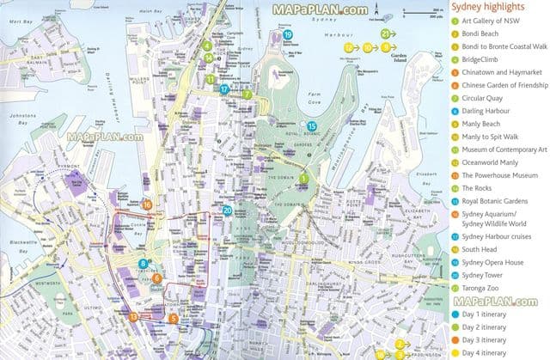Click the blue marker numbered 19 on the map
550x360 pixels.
point(288,35)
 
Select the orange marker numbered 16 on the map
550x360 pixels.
point(147,204)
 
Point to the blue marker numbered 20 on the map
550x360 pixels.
point(227,211)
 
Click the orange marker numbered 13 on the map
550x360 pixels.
point(134,317)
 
